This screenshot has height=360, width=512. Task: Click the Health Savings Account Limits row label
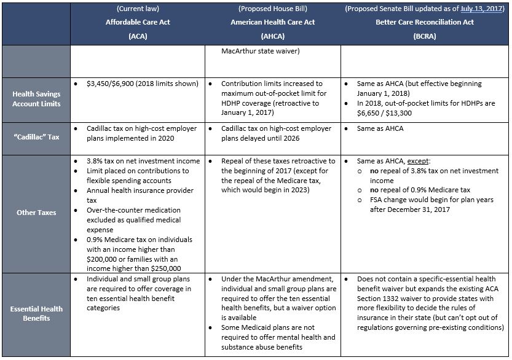[x=36, y=98]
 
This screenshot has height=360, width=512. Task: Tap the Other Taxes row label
[x=36, y=213]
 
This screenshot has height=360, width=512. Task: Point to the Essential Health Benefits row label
[x=36, y=313]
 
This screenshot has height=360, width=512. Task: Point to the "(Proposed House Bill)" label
[x=273, y=9]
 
